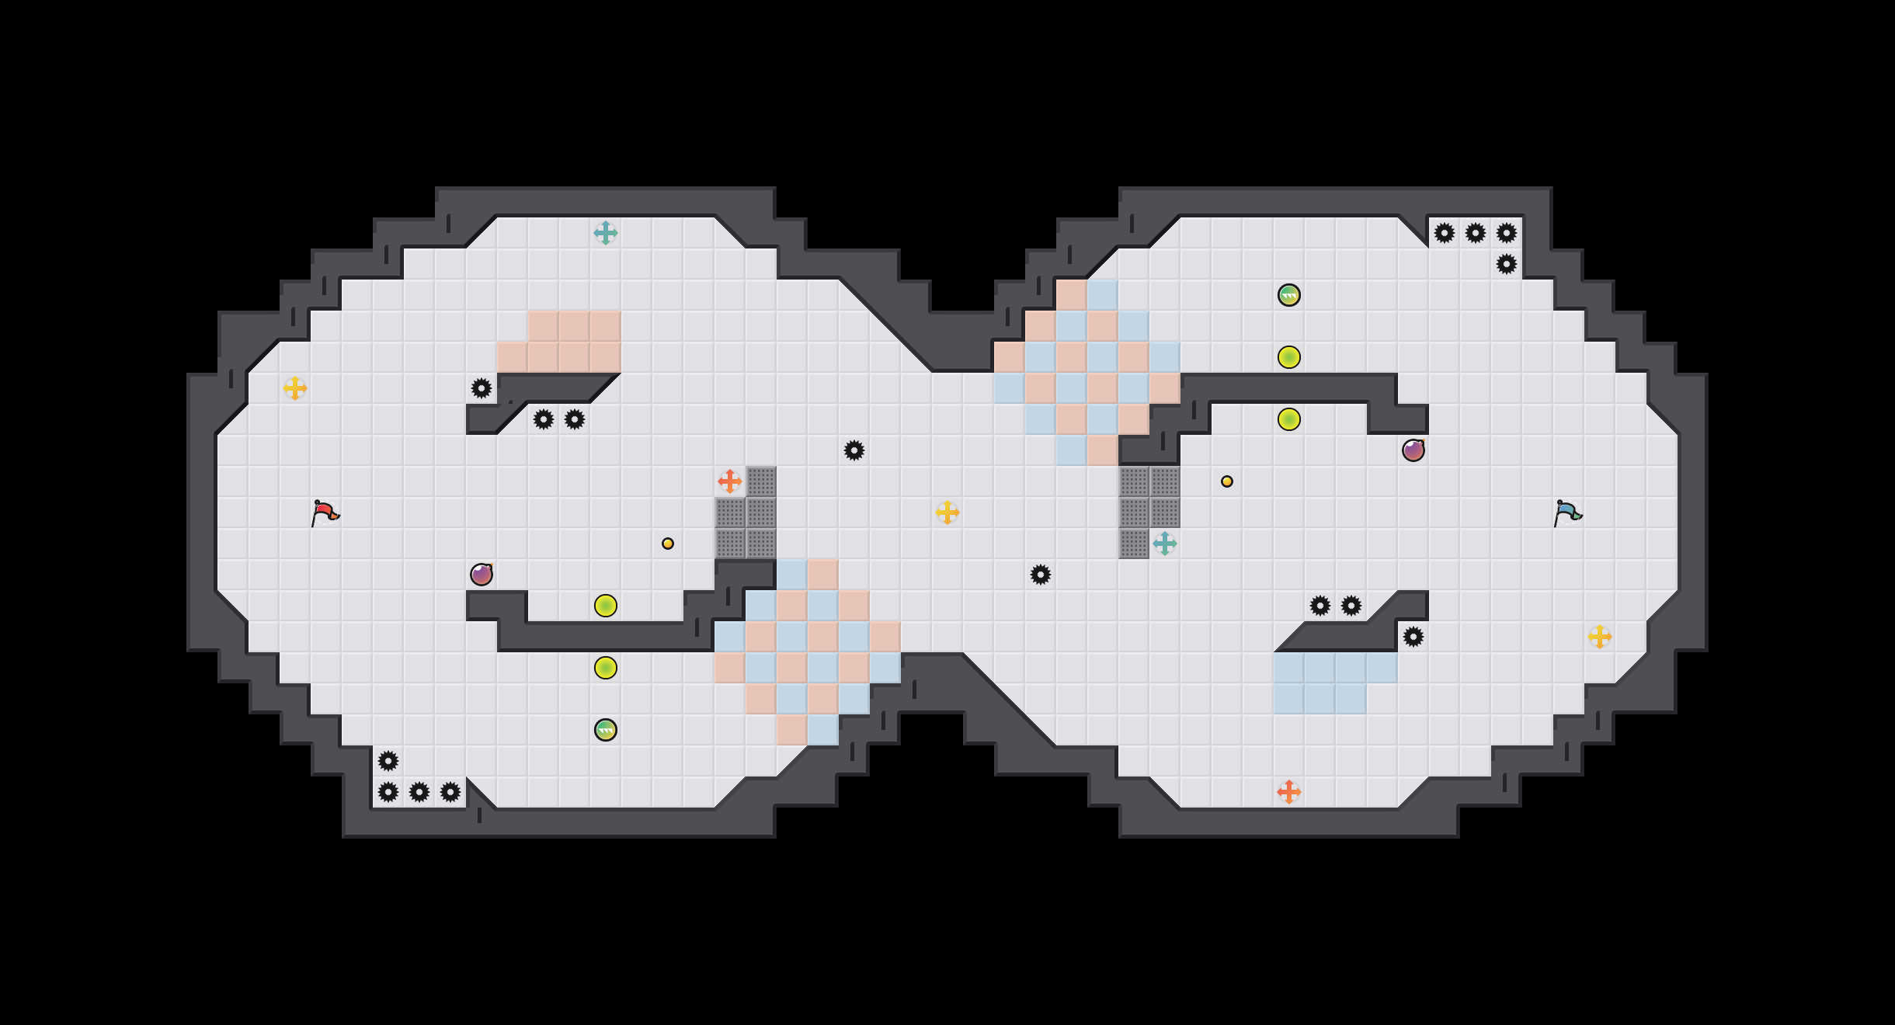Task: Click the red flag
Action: point(325,512)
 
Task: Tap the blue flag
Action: point(1567,512)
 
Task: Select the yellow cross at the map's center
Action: point(947,512)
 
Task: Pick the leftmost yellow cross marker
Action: point(295,388)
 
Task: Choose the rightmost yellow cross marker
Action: point(1600,637)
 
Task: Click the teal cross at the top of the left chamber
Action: point(606,233)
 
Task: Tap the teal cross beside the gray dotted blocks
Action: point(1165,544)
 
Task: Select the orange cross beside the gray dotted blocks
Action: point(730,481)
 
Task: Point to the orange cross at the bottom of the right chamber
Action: point(1289,792)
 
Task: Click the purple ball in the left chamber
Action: point(482,575)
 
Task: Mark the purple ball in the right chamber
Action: point(1413,450)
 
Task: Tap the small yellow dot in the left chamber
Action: point(668,544)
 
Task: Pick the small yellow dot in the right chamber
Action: point(1227,481)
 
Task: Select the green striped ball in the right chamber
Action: point(1289,295)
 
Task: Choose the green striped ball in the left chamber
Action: point(606,730)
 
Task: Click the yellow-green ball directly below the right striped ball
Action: point(1289,357)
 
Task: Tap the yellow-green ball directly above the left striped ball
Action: point(606,668)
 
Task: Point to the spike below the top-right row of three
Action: point(1507,264)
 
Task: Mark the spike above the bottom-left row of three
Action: point(388,761)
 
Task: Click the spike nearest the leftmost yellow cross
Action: point(482,388)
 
